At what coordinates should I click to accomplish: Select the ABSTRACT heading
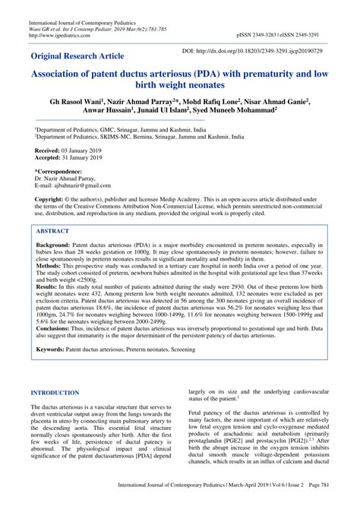[x=54, y=232]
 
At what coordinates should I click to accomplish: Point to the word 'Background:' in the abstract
[x=53, y=248]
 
